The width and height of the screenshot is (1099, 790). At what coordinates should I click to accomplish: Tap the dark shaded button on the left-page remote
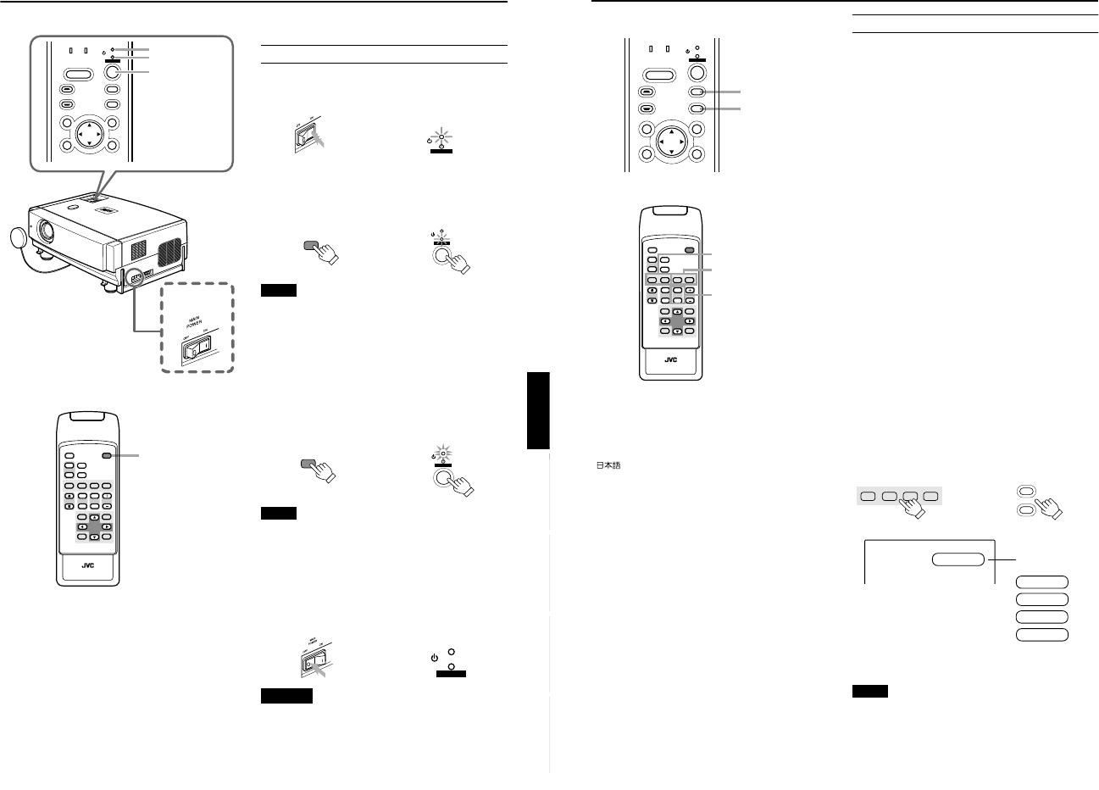click(106, 455)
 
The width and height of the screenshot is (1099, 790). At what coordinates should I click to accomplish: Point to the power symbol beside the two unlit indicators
click(434, 657)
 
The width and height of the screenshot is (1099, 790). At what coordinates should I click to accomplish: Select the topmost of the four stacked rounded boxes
click(1042, 582)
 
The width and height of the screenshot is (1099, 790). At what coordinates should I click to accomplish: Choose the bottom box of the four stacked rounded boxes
click(1042, 634)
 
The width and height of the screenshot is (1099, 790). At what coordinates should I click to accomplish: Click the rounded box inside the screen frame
click(959, 559)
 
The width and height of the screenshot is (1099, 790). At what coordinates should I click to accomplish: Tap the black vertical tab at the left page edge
click(538, 410)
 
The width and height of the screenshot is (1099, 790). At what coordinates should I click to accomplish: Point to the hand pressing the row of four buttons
click(913, 505)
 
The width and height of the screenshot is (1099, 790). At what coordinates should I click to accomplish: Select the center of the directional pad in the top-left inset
click(88, 133)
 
